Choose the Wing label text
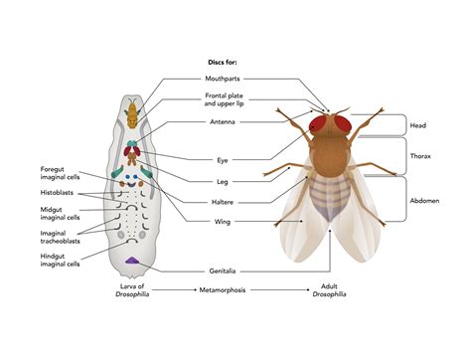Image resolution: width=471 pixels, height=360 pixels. [222, 222]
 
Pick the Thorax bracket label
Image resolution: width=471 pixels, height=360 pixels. [421, 156]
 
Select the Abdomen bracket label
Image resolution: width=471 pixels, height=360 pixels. [425, 200]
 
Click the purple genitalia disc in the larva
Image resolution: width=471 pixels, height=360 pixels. [133, 262]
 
